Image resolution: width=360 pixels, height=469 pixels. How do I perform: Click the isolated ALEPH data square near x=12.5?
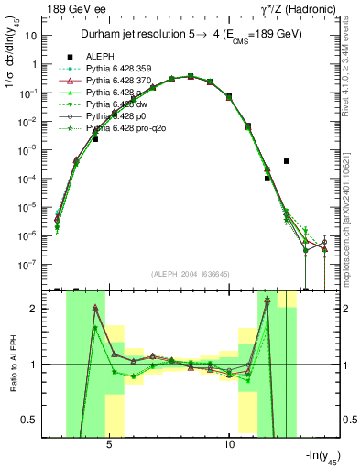pyautogui.click(x=287, y=161)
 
